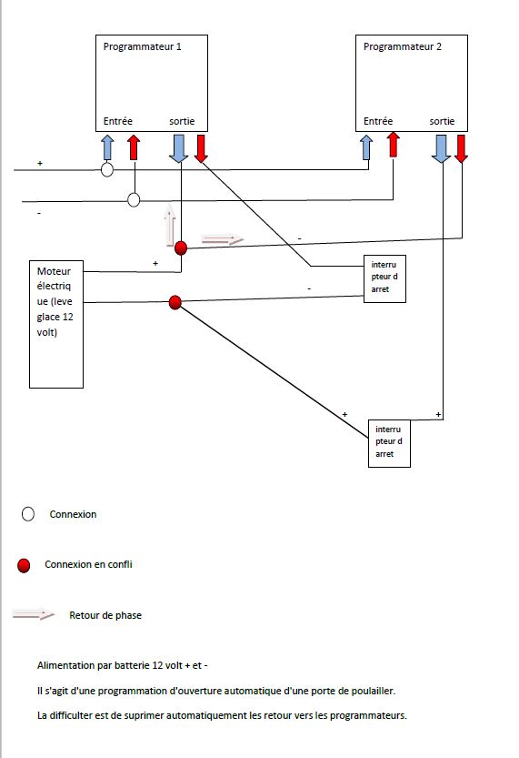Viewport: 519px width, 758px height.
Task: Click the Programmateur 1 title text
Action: click(142, 47)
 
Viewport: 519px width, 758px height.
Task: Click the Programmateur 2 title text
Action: click(402, 47)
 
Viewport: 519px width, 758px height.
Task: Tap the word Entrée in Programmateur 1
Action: click(118, 121)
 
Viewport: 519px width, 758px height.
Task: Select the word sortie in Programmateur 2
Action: click(442, 121)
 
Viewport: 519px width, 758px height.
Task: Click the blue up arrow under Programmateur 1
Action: click(107, 147)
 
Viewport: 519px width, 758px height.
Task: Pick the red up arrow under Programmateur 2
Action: click(394, 145)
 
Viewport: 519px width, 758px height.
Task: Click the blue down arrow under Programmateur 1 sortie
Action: click(179, 148)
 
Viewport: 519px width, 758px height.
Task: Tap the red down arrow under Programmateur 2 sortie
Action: click(461, 148)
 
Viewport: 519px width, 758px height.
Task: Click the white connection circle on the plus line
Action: click(106, 169)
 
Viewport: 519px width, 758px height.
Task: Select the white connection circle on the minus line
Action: click(134, 199)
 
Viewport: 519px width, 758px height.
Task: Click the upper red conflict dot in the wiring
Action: click(181, 248)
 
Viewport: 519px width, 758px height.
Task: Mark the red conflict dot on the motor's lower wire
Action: click(175, 303)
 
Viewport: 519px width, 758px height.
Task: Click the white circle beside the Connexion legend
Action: click(28, 514)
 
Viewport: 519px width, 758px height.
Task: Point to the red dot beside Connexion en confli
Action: click(24, 565)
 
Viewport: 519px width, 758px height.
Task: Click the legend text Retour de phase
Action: click(105, 615)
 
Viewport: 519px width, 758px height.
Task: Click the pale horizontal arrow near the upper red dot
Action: click(223, 238)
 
